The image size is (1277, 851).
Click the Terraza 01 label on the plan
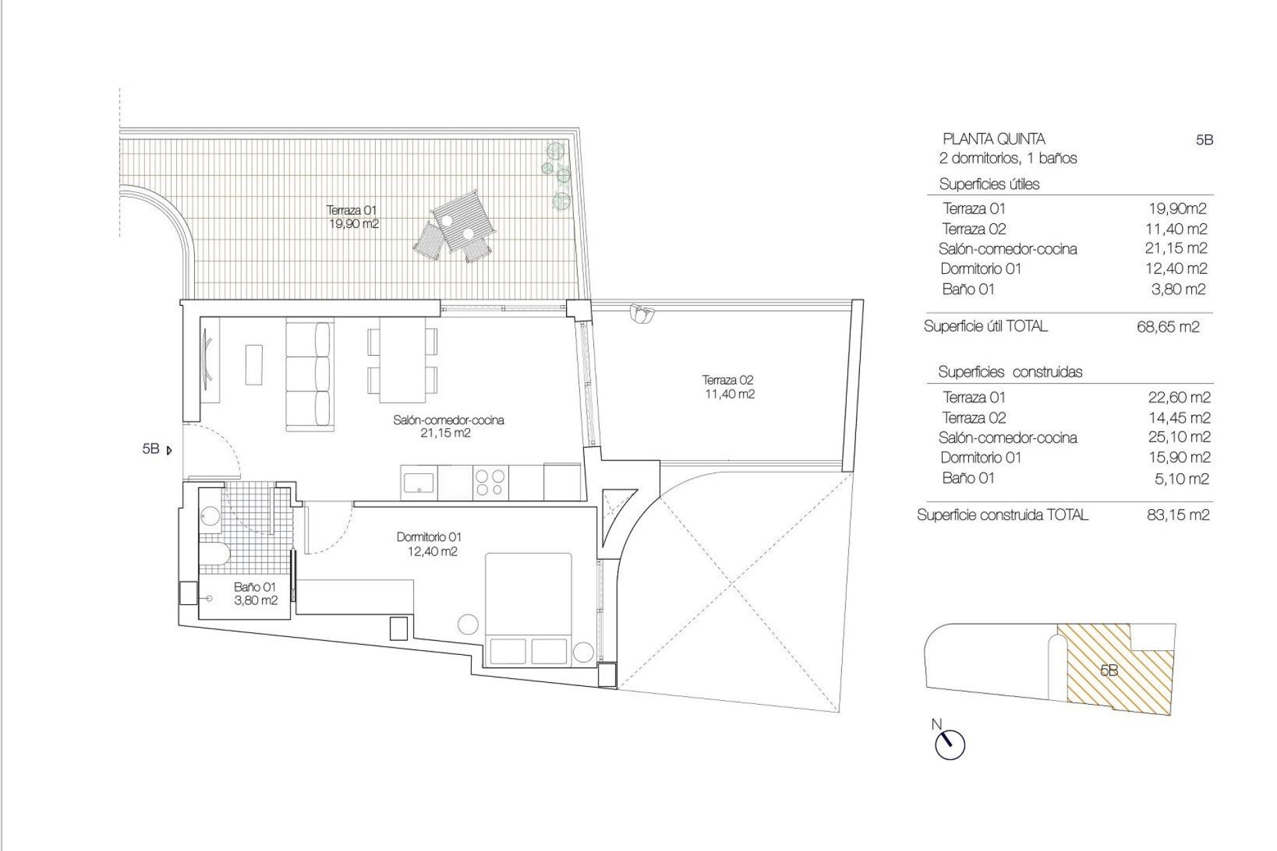pyautogui.click(x=353, y=217)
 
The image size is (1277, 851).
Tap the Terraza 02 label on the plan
pyautogui.click(x=729, y=387)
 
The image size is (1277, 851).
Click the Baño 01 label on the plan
pyautogui.click(x=255, y=594)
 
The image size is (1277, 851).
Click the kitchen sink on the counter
pyautogui.click(x=418, y=481)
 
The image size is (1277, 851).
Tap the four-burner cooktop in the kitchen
pyautogui.click(x=490, y=482)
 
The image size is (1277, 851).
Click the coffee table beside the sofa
pyautogui.click(x=254, y=364)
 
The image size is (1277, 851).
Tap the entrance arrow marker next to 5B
pyautogui.click(x=169, y=450)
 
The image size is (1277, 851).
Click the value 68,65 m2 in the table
pyautogui.click(x=1168, y=327)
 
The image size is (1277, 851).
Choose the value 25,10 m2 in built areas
pyautogui.click(x=1177, y=437)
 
